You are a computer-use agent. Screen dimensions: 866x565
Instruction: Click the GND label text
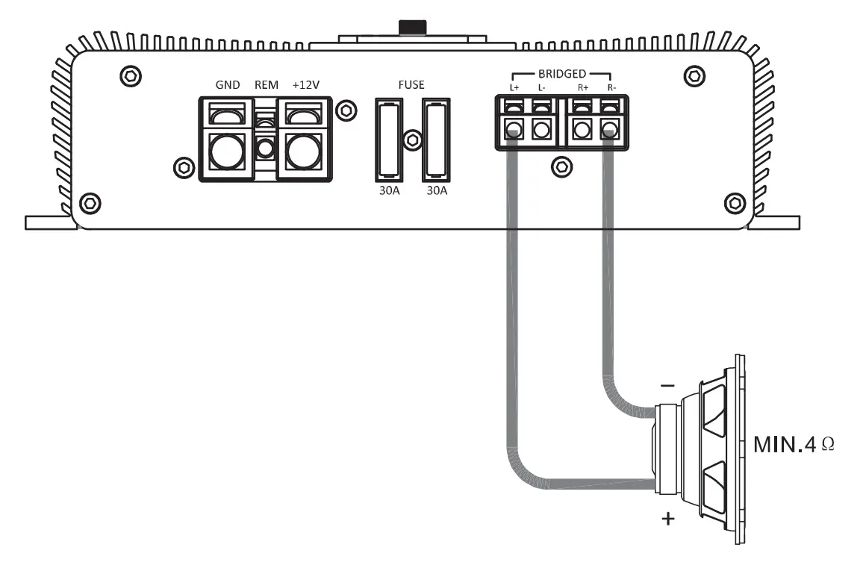[x=228, y=85]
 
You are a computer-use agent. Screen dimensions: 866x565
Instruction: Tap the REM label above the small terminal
[x=267, y=85]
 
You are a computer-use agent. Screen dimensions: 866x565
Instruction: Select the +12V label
[x=306, y=85]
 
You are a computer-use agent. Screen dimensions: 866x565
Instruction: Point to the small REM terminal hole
[x=264, y=149]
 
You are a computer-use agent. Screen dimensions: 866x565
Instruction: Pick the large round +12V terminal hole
[x=303, y=152]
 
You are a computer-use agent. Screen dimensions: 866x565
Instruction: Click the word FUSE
[x=411, y=85]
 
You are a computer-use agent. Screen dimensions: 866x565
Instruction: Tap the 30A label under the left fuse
[x=387, y=190]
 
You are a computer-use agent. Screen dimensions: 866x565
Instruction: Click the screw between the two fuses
[x=411, y=140]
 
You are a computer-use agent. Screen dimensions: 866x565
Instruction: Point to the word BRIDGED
[x=562, y=75]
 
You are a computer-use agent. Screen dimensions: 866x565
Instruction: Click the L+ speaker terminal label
[x=514, y=89]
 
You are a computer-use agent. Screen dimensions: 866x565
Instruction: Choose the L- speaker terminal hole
[x=543, y=130]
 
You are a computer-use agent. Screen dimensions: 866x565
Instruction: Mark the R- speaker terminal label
[x=611, y=89]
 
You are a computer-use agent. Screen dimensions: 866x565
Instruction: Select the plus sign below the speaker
[x=667, y=518]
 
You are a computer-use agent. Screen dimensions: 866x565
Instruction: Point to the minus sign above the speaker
[x=668, y=387]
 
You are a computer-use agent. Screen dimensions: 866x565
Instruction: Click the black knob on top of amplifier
[x=412, y=27]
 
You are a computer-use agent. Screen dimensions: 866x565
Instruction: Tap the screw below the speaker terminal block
[x=561, y=166]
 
